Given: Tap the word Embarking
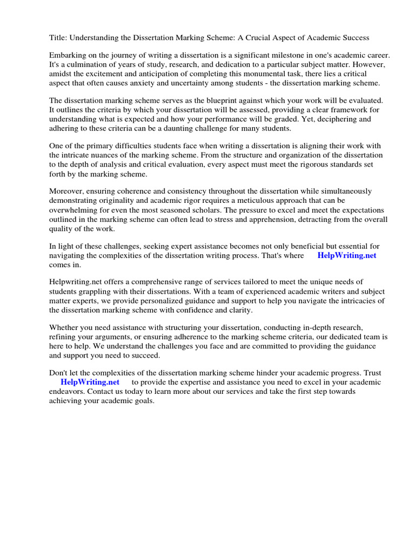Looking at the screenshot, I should pos(68,56).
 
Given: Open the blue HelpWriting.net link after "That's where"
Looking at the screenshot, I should pos(346,255).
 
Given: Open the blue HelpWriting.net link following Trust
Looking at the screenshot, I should pos(90,382).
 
